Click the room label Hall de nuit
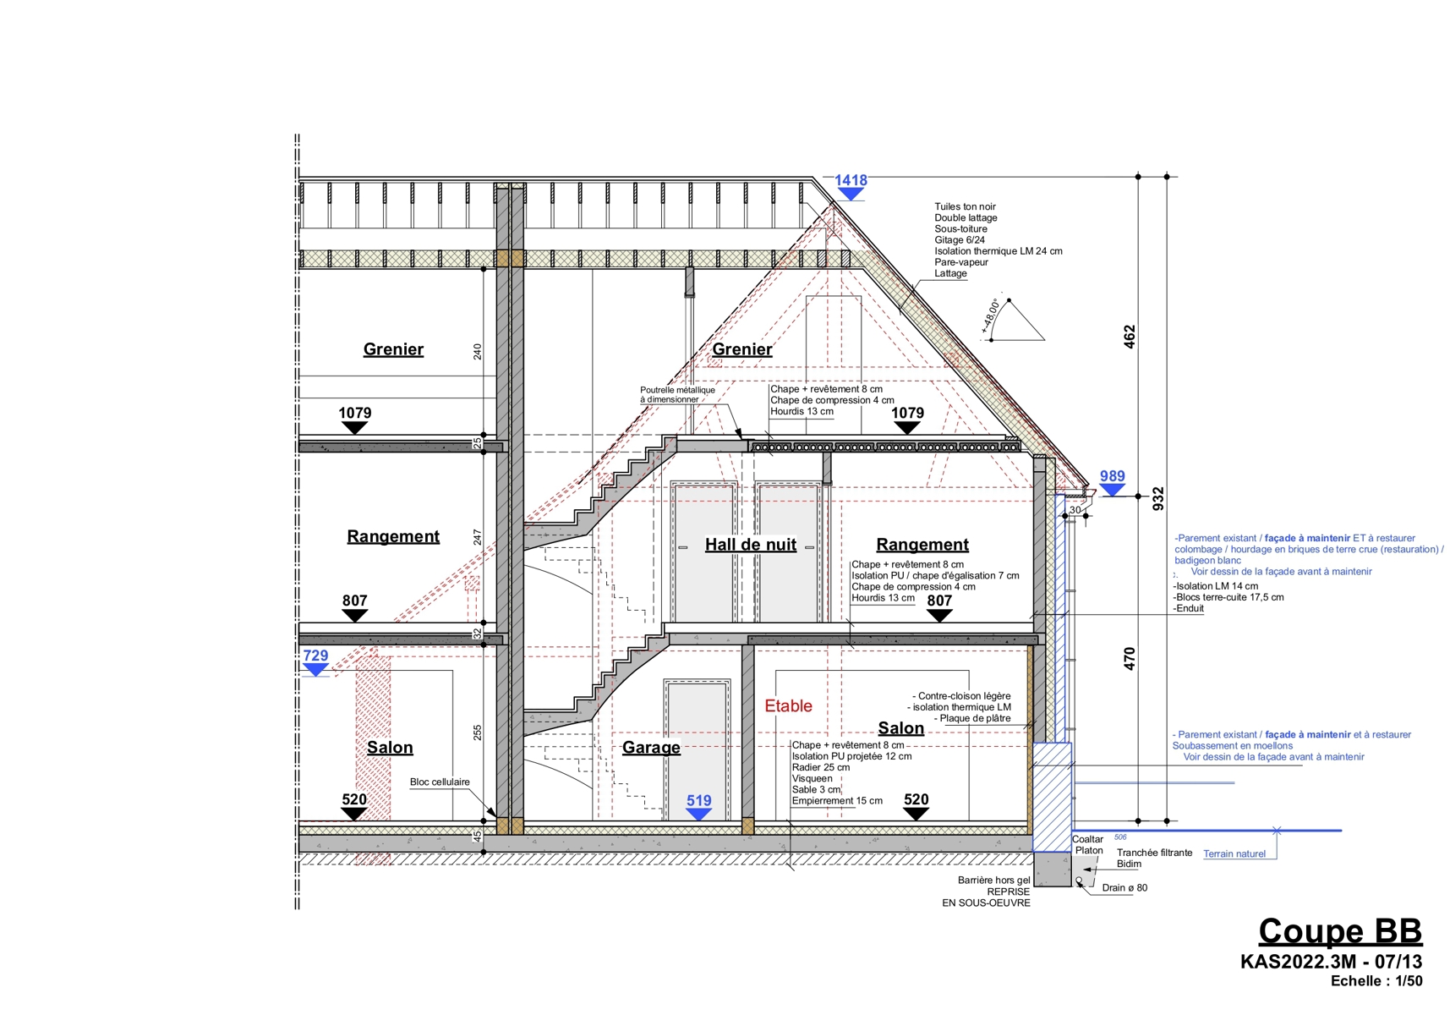click(751, 545)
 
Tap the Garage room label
click(651, 748)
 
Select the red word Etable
click(788, 706)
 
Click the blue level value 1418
click(851, 180)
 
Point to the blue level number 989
click(1112, 476)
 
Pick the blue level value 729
click(315, 656)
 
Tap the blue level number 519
click(698, 800)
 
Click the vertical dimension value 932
click(1158, 498)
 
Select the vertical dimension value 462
click(1130, 337)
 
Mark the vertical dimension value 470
click(1130, 659)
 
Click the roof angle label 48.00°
click(991, 314)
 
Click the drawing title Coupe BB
click(1340, 931)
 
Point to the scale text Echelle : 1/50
click(1376, 981)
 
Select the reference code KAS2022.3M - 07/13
click(1331, 962)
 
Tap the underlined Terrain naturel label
click(1234, 854)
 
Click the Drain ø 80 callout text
click(1124, 888)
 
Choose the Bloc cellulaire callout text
click(440, 782)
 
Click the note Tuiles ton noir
click(965, 206)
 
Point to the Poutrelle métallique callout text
click(677, 395)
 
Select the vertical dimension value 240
click(478, 351)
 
